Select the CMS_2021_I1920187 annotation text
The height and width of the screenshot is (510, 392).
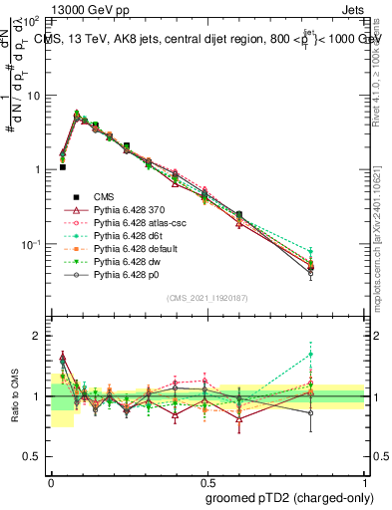point(207,297)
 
